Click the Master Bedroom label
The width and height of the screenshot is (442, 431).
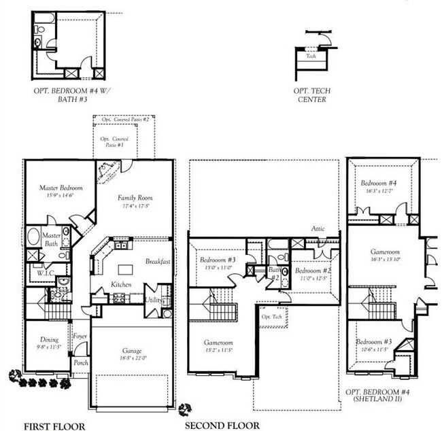coord(61,188)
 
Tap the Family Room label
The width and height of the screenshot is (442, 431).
coord(135,198)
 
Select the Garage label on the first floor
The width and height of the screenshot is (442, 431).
coord(132,350)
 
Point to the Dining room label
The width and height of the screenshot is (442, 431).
coord(49,339)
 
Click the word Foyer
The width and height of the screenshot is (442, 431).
coord(80,336)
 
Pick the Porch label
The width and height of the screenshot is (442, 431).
coord(81,362)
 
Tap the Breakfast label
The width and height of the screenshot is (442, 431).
coord(158,262)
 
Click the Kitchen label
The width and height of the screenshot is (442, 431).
coord(121,283)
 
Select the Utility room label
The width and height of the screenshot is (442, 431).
coord(154,300)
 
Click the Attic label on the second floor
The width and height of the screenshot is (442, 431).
coord(319,230)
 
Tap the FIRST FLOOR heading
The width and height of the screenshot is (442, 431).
coord(54,426)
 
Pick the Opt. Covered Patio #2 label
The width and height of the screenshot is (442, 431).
coord(125,120)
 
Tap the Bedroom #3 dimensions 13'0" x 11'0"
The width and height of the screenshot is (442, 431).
coord(218,267)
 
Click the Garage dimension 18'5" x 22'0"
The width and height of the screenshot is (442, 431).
coord(132,358)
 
